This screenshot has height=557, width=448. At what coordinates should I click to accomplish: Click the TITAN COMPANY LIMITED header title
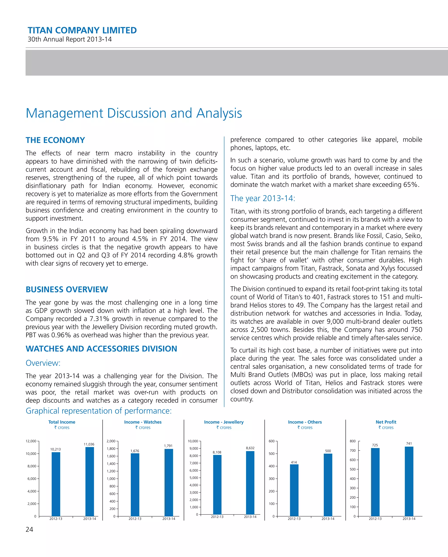[82, 30]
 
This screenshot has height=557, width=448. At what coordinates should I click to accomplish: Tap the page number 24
[30, 529]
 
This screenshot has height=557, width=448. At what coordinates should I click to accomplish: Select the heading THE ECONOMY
[55, 140]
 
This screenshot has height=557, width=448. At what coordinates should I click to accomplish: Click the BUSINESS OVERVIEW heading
[67, 289]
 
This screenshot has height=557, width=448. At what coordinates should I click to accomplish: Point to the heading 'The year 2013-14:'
[262, 198]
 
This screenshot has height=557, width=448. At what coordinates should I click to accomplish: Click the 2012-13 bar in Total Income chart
[56, 484]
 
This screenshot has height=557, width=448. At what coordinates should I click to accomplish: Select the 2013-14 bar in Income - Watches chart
[169, 483]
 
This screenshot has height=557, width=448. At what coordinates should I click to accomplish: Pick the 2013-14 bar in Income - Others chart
[328, 485]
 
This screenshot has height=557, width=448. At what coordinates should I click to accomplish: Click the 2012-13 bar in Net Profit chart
[375, 482]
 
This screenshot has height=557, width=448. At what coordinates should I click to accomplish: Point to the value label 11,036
[89, 444]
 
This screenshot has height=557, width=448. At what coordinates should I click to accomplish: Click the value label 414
[294, 462]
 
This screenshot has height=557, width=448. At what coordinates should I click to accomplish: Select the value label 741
[409, 443]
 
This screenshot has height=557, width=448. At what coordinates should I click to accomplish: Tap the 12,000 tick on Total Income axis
[31, 441]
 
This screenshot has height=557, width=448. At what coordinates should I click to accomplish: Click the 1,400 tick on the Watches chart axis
[111, 464]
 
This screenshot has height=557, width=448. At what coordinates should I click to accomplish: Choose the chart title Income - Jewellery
[224, 422]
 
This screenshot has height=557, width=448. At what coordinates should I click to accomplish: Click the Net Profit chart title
[386, 422]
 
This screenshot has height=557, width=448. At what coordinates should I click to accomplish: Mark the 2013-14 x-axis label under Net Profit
[409, 518]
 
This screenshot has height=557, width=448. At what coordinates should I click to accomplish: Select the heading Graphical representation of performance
[99, 411]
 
